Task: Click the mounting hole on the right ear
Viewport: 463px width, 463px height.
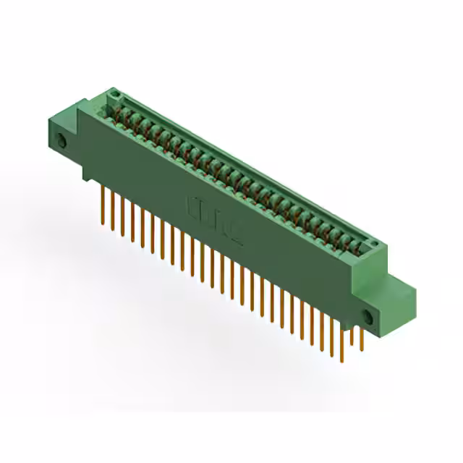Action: point(368,317)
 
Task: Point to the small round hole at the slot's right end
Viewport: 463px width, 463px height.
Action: point(374,246)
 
